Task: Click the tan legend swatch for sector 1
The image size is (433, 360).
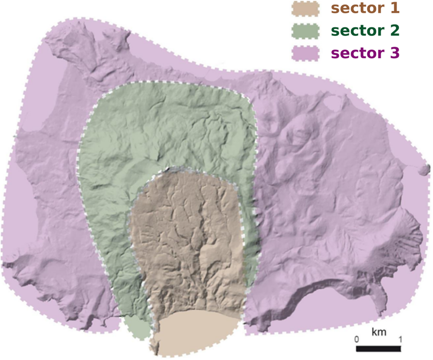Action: click(x=306, y=9)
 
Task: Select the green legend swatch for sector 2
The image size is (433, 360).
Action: click(x=306, y=30)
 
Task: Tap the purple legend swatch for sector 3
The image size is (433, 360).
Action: click(x=306, y=52)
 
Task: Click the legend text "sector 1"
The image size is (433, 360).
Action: click(x=366, y=8)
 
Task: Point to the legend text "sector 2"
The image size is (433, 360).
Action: click(x=366, y=30)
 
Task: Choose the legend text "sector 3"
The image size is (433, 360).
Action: click(x=366, y=52)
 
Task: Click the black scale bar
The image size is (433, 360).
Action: click(x=379, y=348)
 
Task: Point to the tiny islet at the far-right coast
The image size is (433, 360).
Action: click(x=426, y=169)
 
